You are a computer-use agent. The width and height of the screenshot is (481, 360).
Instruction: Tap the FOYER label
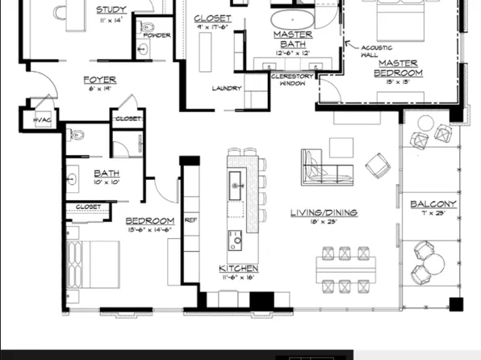[x=100, y=80]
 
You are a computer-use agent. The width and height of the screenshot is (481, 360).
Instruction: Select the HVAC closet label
[x=42, y=120]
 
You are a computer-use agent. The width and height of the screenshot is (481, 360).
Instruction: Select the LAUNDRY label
[x=227, y=88]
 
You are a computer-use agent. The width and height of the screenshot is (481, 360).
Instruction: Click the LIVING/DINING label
[x=324, y=213]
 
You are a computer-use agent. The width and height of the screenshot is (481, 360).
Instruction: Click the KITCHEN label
[x=238, y=268]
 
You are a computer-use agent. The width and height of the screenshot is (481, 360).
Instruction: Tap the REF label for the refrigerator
[x=191, y=219]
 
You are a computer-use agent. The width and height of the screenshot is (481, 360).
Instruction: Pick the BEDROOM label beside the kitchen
[x=149, y=220]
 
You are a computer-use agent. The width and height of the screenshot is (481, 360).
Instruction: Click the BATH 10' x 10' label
[x=107, y=174]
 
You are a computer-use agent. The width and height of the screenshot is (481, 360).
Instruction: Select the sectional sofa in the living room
[x=323, y=166]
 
